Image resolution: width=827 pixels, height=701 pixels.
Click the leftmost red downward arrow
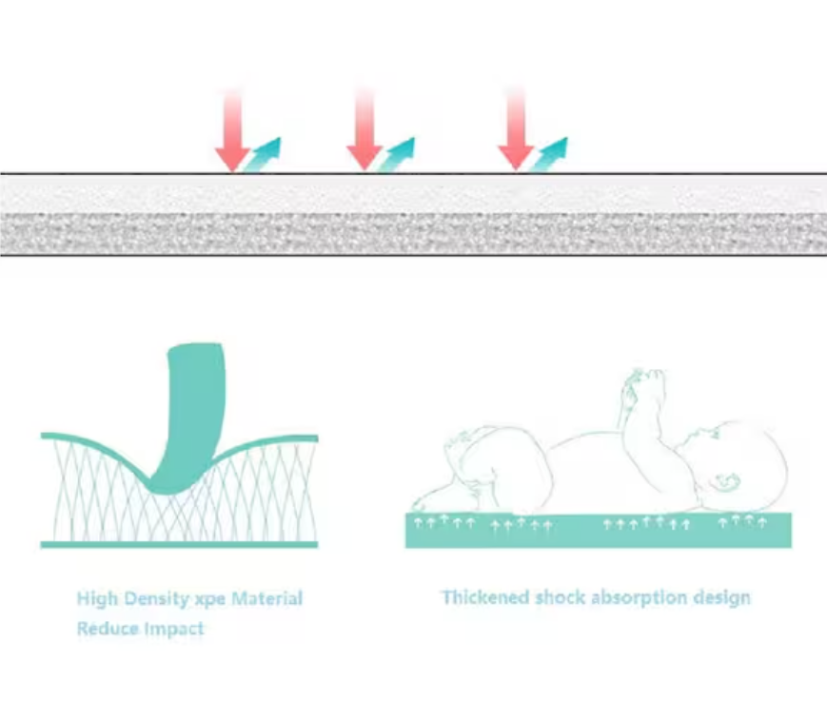click(x=232, y=133)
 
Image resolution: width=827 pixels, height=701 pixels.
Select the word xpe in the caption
click(x=219, y=599)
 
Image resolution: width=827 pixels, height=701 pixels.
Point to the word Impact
click(x=174, y=629)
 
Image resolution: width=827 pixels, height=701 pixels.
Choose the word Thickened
click(x=485, y=598)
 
